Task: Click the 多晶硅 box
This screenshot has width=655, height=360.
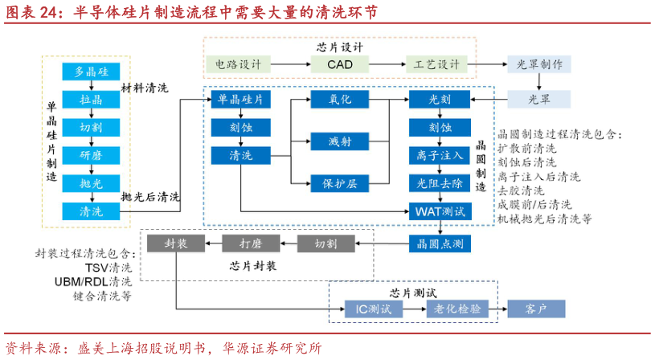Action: [91, 72]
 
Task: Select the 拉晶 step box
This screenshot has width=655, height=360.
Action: [91, 100]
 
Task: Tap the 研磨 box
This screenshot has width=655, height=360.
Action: [91, 155]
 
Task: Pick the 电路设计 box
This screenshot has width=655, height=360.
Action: [239, 64]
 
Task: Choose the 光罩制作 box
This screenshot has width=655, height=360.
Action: [538, 64]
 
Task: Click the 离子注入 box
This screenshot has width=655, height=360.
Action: [440, 155]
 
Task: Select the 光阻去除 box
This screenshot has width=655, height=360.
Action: [440, 184]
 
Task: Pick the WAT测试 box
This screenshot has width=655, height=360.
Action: [440, 212]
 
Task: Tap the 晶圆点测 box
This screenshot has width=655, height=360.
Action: [440, 242]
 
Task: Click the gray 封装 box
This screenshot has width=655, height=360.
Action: [176, 243]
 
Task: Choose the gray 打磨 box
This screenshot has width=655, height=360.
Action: [250, 243]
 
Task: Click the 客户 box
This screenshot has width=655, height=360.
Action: [535, 309]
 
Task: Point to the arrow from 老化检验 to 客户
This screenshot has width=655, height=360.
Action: [497, 309]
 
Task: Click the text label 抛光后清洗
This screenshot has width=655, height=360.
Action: [150, 197]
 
